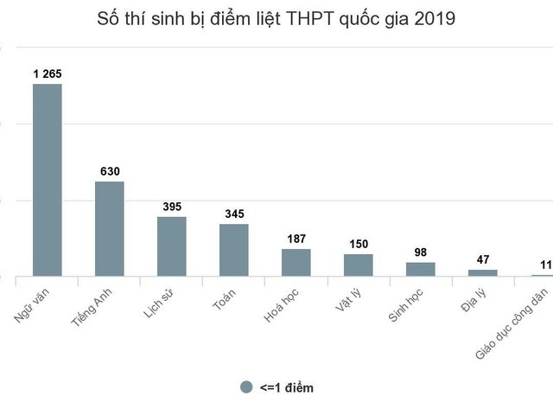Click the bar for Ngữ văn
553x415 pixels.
tap(47, 180)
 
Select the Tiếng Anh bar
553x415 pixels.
tap(109, 229)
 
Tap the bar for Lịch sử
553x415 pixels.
tap(171, 246)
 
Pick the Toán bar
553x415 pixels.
tap(233, 250)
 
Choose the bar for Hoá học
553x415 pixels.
tap(296, 262)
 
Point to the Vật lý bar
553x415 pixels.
tap(358, 265)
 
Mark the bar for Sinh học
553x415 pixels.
tap(421, 269)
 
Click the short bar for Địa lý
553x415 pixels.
tap(483, 272)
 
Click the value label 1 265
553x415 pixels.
tap(48, 73)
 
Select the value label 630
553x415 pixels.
tap(110, 171)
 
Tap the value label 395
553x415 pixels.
tap(172, 207)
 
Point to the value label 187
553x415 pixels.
tap(296, 239)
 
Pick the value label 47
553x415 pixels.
tap(483, 259)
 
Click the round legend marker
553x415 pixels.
tap(246, 387)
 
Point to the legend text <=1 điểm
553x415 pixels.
tap(286, 388)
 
